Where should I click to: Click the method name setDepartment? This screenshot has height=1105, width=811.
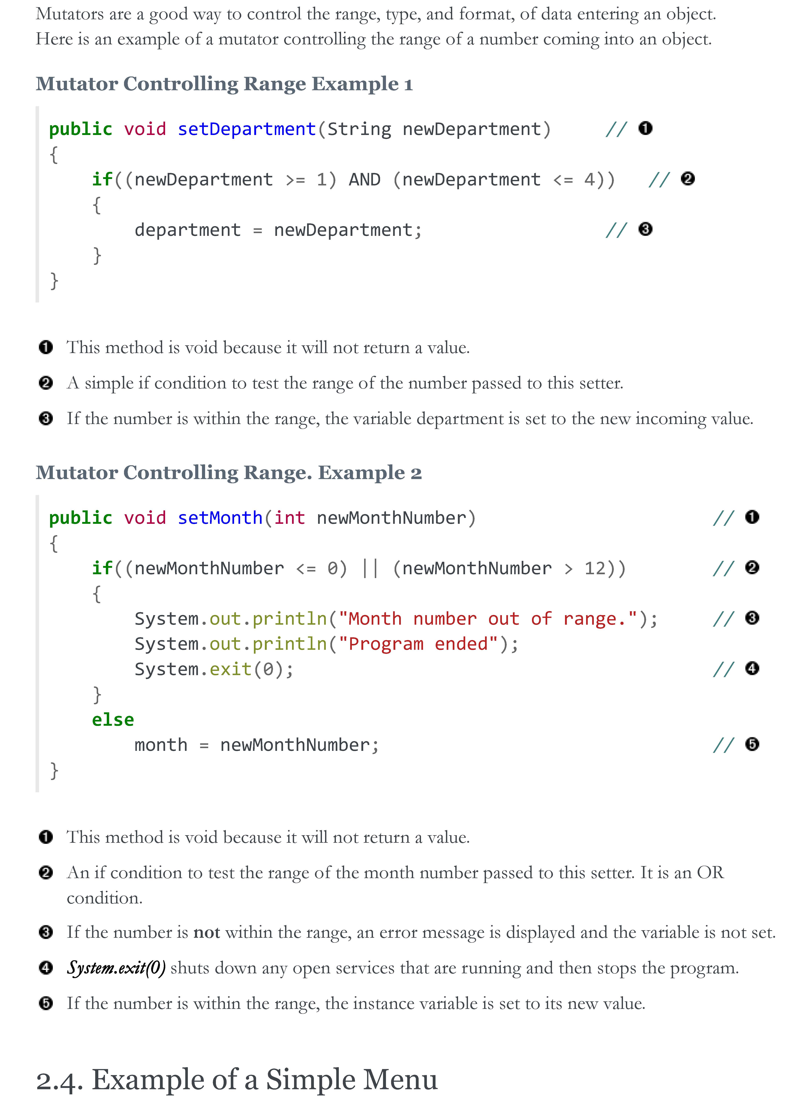246,129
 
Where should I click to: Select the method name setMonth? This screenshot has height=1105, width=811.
220,518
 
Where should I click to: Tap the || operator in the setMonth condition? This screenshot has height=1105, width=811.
370,568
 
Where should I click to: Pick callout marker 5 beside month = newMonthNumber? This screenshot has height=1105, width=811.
752,744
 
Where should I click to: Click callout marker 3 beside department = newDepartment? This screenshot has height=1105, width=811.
645,229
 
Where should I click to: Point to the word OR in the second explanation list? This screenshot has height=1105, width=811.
710,872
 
